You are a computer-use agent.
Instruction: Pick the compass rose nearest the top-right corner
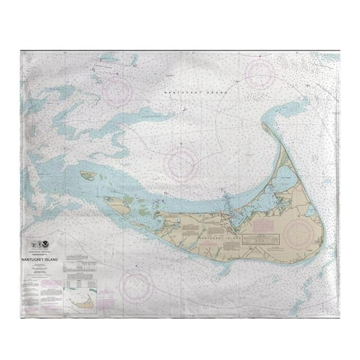(x=260, y=74)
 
